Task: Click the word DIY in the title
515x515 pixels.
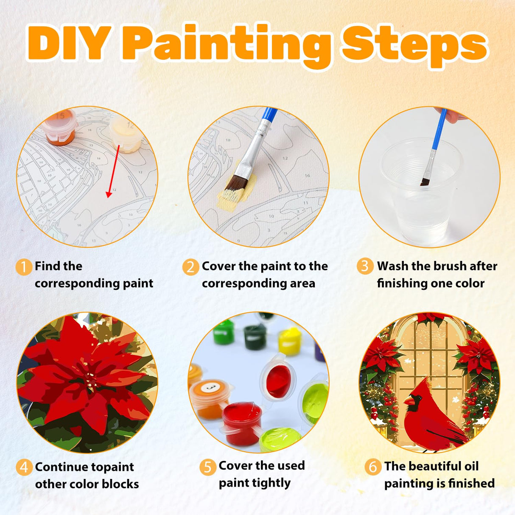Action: click(70, 42)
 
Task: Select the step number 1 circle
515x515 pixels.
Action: click(24, 267)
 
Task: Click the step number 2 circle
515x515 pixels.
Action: click(190, 267)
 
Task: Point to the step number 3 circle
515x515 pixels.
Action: click(365, 266)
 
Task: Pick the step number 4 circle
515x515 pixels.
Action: click(24, 467)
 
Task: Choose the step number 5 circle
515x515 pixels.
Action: click(208, 467)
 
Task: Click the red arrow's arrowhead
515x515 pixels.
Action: click(109, 194)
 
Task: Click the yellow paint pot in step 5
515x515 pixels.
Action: click(290, 341)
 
